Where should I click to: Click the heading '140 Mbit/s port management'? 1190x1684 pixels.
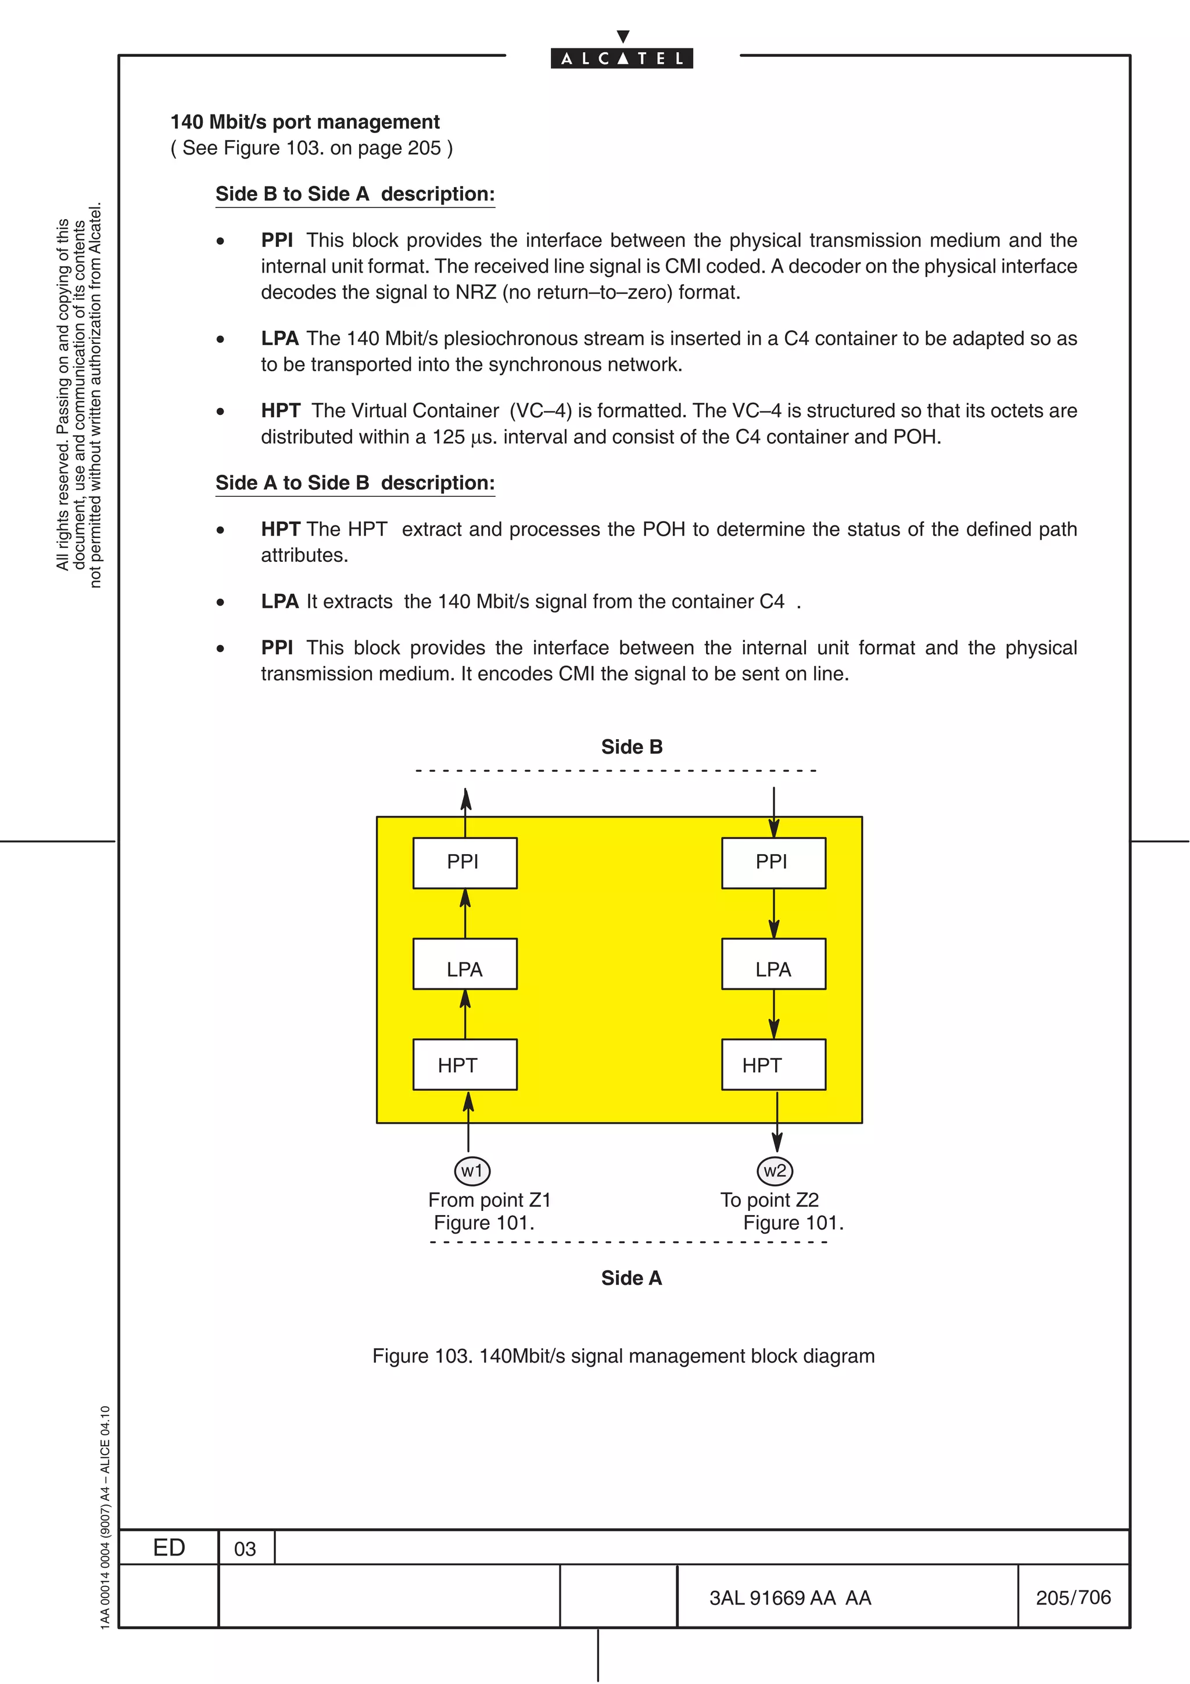[305, 122]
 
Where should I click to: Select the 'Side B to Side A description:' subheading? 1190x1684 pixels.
[355, 194]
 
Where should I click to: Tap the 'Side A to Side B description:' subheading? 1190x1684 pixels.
[355, 483]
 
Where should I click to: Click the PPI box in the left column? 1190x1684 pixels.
[465, 862]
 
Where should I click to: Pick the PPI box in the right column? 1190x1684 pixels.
[773, 862]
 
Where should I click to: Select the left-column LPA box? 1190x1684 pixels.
[465, 964]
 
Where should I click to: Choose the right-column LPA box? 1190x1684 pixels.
[773, 964]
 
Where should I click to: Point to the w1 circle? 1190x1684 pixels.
[472, 1170]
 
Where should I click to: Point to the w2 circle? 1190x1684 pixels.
[775, 1170]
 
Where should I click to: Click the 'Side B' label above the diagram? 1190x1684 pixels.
[632, 747]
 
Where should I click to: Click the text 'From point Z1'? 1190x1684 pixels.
[489, 1200]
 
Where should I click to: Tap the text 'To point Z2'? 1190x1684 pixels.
[769, 1200]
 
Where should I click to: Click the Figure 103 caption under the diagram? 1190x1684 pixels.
[623, 1356]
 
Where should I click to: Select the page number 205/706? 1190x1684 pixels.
[1073, 1597]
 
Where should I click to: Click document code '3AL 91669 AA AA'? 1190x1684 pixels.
[790, 1597]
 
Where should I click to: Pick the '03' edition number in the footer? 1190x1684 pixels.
[245, 1549]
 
